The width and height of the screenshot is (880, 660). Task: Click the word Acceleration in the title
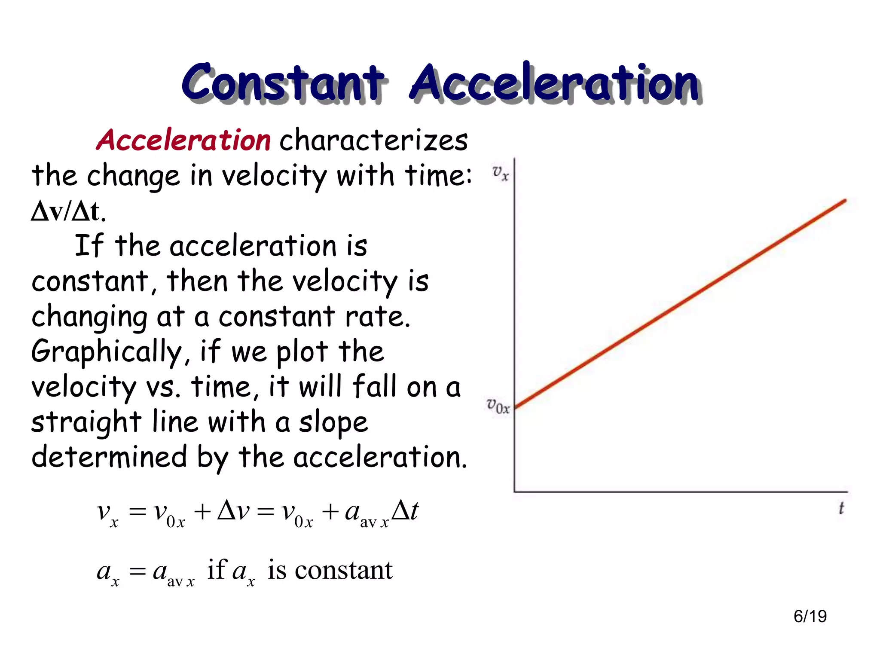coord(555,82)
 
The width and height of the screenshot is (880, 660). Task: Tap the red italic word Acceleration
coord(184,140)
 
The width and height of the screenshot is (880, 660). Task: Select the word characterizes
coord(373,140)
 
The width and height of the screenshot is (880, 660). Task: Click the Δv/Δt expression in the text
coord(67,211)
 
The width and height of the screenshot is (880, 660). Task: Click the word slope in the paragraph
coord(333,422)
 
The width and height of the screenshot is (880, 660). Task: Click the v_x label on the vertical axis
coord(500,173)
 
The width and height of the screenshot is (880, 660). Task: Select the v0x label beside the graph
coord(498,405)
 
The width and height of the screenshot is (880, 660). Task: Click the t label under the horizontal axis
coord(841,508)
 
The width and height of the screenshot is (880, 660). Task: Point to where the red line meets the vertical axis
coord(515,406)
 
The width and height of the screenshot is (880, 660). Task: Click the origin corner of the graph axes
coord(515,491)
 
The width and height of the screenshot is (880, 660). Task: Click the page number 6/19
coord(810,616)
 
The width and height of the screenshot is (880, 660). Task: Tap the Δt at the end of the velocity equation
coord(405,511)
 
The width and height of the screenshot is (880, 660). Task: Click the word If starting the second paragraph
coord(89,246)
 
